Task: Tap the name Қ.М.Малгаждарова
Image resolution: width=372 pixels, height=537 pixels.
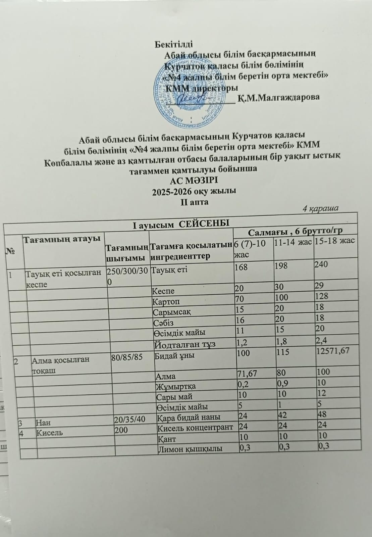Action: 278,98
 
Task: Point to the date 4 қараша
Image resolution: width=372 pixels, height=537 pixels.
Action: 320,208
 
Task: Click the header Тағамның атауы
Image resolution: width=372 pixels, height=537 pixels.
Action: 61,239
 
